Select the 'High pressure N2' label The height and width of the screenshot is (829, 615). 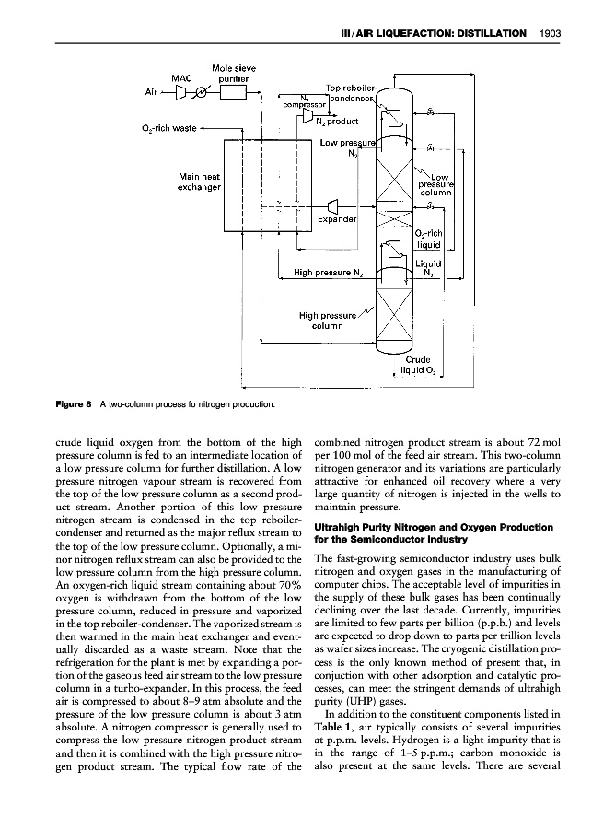329,273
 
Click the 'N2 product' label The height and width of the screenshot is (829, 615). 336,121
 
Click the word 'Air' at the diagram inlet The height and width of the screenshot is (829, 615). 152,93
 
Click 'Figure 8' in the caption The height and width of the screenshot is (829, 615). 80,402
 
